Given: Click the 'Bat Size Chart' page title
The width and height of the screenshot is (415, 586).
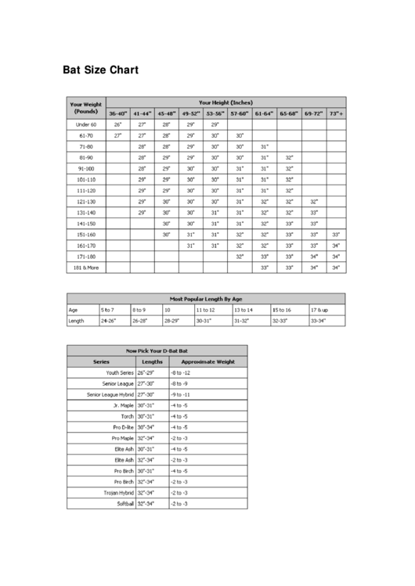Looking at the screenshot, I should (100, 70).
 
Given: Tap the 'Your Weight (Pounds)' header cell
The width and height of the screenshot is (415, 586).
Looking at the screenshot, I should (85, 107).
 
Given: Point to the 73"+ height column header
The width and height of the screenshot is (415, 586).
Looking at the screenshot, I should (336, 113).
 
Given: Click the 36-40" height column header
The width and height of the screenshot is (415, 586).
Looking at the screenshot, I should (117, 113).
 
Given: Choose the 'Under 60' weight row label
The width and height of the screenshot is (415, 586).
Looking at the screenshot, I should (85, 124).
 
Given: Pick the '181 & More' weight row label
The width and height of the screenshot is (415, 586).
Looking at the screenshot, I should (85, 267).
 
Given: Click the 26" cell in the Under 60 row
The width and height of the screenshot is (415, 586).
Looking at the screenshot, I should (117, 124).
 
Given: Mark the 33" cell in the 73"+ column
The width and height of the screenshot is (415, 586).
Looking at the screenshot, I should (336, 234).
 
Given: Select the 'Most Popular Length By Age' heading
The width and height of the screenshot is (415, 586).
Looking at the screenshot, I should (206, 298).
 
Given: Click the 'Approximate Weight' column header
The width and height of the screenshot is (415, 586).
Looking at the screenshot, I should (207, 362).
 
